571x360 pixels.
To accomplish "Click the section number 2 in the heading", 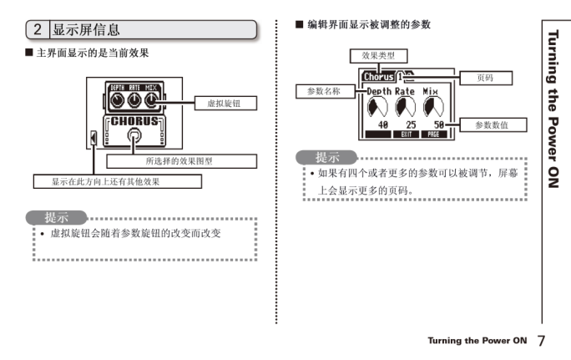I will (38, 30).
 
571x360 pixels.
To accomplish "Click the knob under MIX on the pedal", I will (151, 101).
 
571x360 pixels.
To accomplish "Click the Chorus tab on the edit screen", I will (380, 77).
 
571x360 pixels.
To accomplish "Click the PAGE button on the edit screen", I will (433, 134).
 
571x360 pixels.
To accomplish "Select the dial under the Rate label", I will (406, 106).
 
